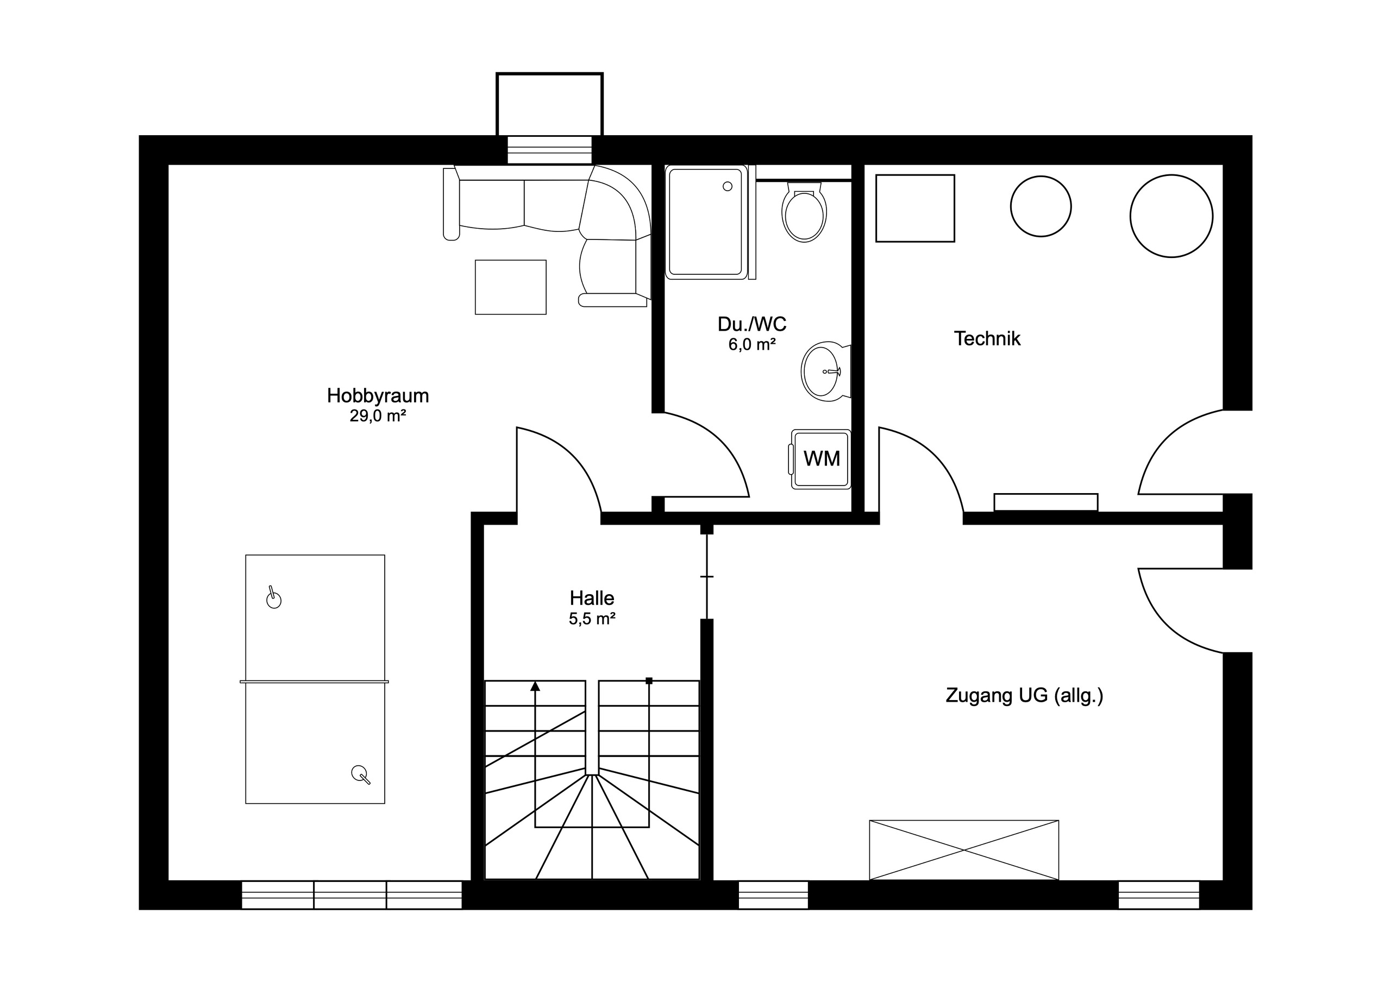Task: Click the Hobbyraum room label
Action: click(x=378, y=395)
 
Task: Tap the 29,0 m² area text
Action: click(x=378, y=416)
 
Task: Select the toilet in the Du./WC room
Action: click(x=804, y=213)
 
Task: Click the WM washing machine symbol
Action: click(x=821, y=459)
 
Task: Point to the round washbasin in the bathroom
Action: click(x=822, y=371)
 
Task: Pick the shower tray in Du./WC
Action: click(x=705, y=223)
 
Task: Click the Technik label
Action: click(x=987, y=338)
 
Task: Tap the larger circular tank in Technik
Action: click(x=1171, y=216)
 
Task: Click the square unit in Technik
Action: click(x=915, y=209)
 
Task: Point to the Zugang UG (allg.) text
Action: click(x=1024, y=695)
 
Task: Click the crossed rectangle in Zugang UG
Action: click(x=964, y=850)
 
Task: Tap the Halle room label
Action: click(x=592, y=598)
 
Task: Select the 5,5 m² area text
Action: click(x=592, y=619)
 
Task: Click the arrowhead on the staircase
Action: click(x=535, y=686)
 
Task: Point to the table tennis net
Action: click(x=314, y=682)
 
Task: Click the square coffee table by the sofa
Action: click(x=510, y=287)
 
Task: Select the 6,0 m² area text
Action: click(x=752, y=345)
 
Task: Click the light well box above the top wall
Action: click(x=549, y=104)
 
